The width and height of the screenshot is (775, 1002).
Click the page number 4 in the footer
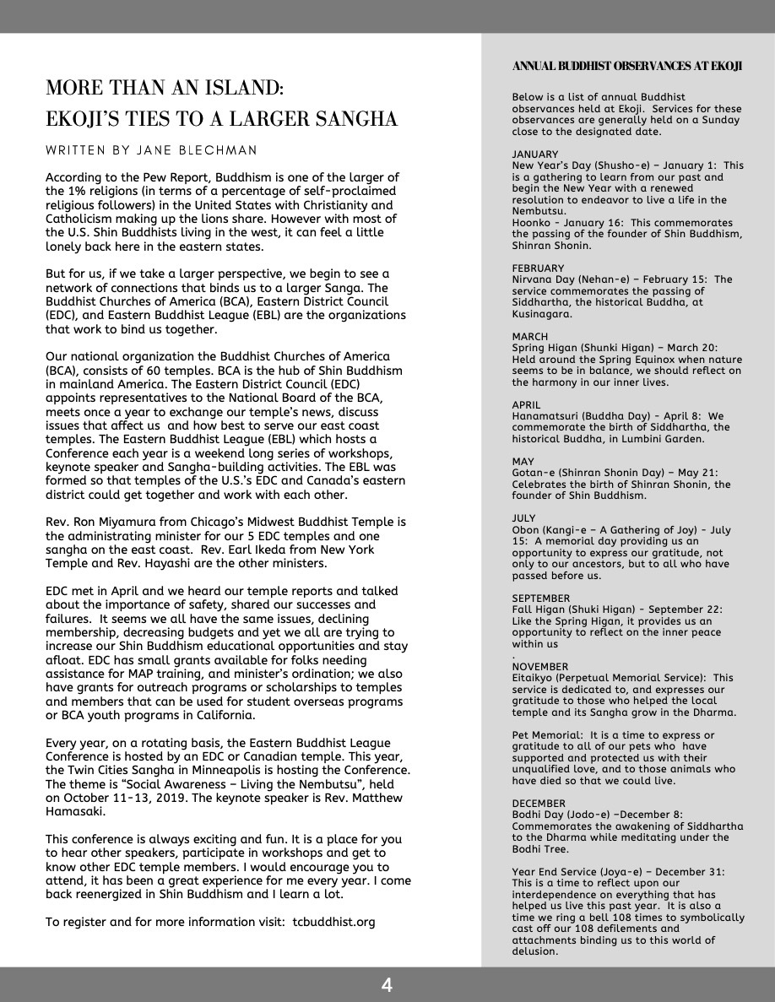387,984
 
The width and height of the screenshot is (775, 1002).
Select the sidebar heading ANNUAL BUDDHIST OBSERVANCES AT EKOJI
626,67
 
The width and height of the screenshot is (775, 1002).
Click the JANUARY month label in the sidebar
535,154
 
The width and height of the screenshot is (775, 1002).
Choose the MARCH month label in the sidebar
530,337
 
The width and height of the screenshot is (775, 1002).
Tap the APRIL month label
527,405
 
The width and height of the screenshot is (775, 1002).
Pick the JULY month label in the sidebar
524,519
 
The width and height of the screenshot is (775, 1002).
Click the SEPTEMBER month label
541,598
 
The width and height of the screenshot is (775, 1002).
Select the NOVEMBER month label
540,667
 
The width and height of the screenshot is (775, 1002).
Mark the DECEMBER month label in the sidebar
539,804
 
